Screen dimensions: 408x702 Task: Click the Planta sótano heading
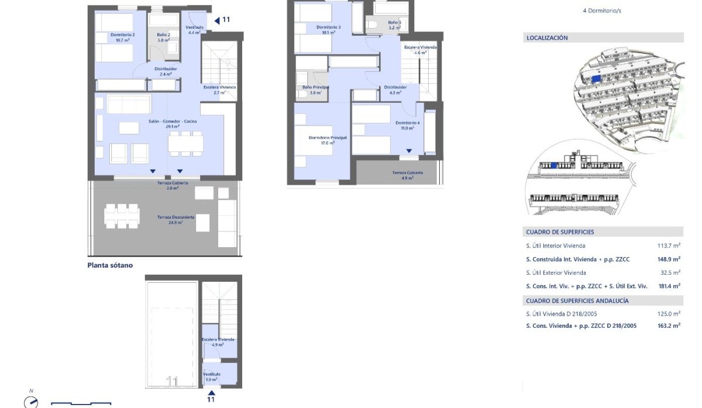[x=110, y=265]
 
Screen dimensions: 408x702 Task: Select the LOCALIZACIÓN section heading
[x=547, y=38]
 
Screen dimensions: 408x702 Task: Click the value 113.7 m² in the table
[x=669, y=246]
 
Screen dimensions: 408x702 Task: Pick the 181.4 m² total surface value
[x=669, y=286]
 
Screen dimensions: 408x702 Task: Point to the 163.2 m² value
[x=669, y=326]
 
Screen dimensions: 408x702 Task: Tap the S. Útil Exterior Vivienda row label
[x=556, y=273]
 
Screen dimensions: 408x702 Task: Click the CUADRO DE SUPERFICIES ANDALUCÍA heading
[x=577, y=301]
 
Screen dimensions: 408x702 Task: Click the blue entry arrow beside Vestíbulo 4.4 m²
[x=216, y=20]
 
